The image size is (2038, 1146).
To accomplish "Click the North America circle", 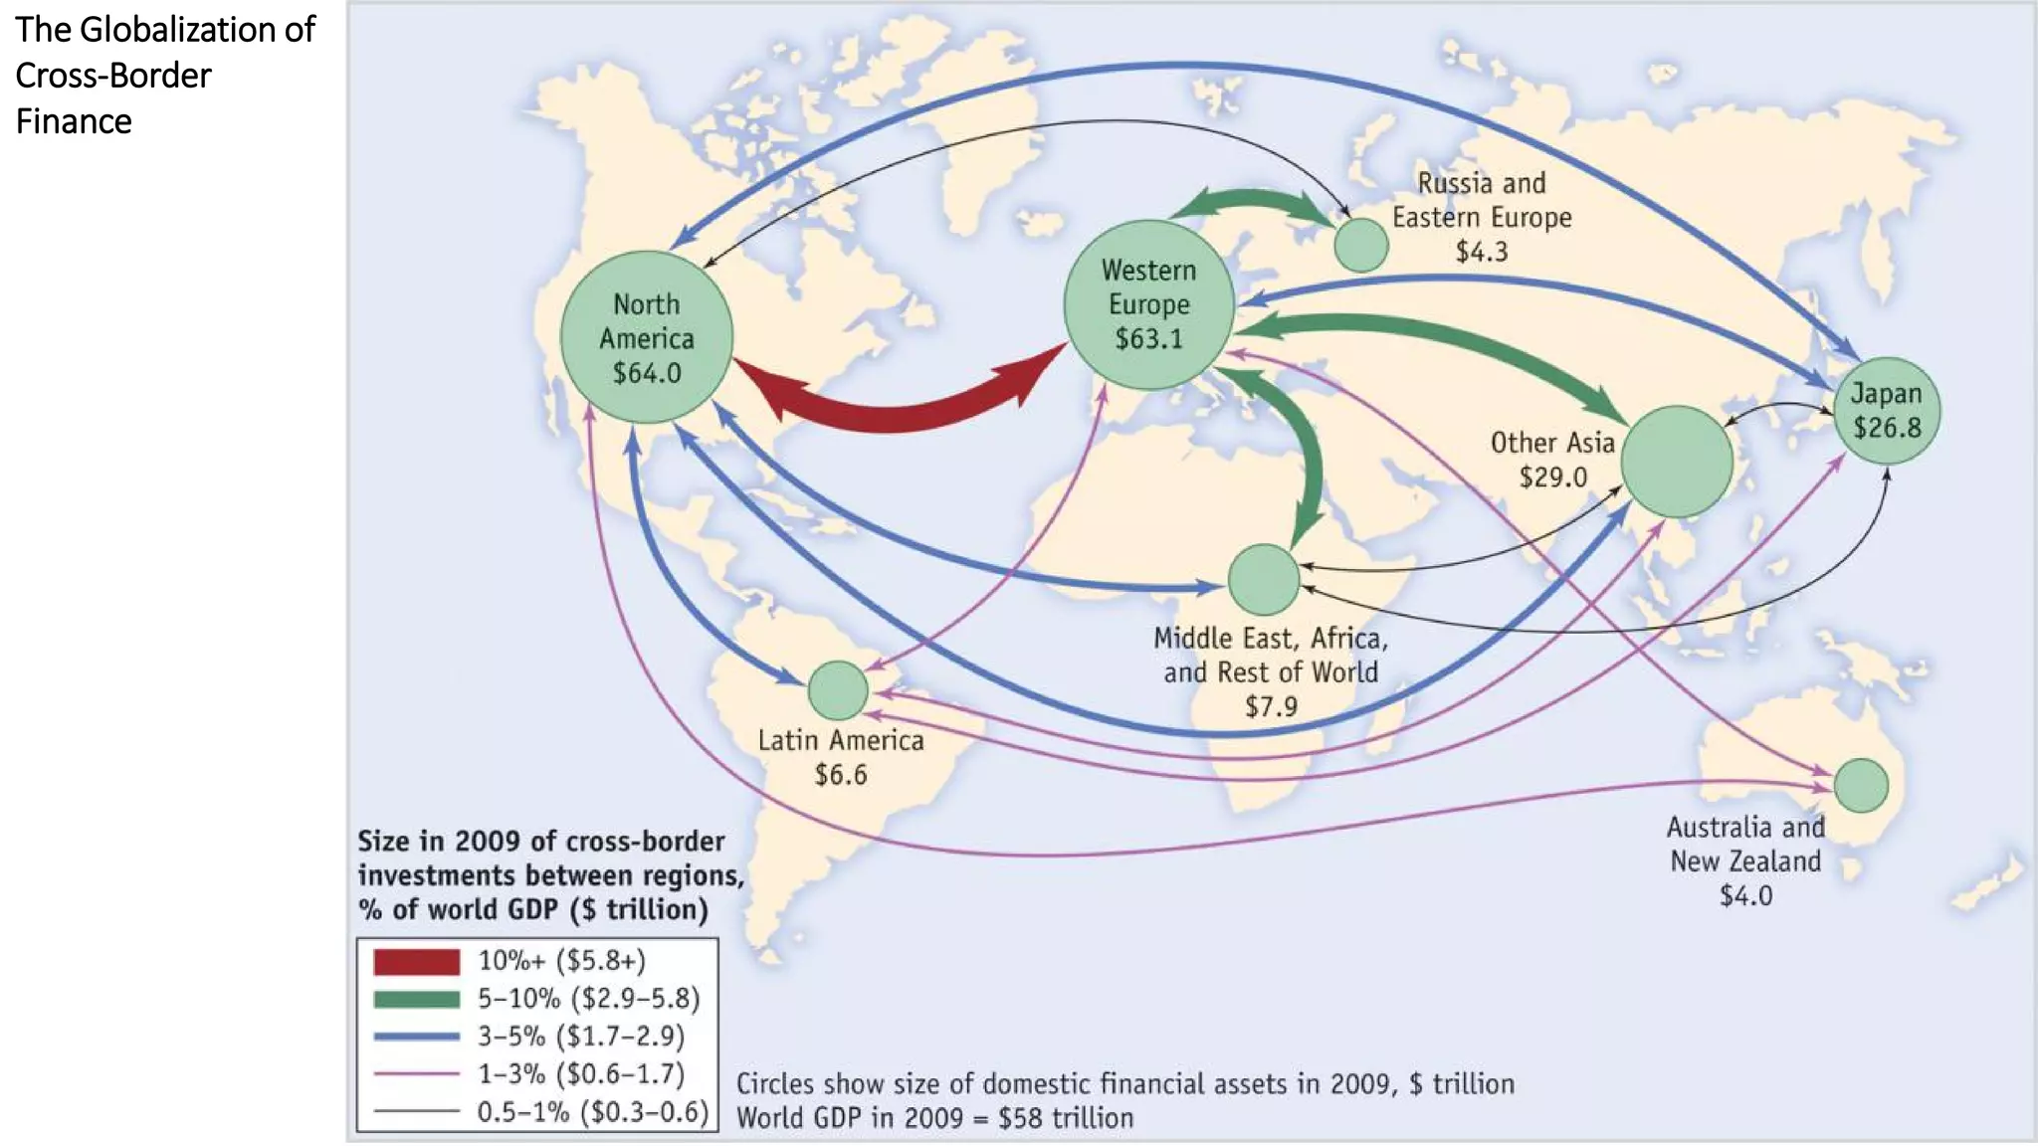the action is click(x=647, y=337).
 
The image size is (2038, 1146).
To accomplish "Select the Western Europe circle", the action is click(x=1149, y=304).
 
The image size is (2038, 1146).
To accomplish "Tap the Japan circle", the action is click(x=1887, y=411).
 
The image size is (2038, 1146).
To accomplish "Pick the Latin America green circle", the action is click(x=838, y=690).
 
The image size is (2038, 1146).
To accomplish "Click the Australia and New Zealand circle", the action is click(x=1861, y=785).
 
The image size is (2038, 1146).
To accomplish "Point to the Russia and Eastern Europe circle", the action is click(x=1360, y=245).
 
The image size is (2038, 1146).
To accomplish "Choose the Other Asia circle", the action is click(x=1677, y=462).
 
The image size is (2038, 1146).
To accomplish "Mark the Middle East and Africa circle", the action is click(x=1264, y=579).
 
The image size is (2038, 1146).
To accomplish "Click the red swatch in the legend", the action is click(x=417, y=962).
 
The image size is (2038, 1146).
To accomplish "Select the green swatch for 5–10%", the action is click(x=417, y=999).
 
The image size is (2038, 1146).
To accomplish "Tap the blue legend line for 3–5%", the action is click(x=417, y=1037).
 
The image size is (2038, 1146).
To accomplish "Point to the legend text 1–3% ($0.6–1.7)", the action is click(x=581, y=1074).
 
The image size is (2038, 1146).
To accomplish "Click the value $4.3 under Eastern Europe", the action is click(x=1482, y=252).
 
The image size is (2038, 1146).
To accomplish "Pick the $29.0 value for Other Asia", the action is click(x=1552, y=477).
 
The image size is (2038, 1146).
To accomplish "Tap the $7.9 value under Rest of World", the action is click(x=1271, y=706).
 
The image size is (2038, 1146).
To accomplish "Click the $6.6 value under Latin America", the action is click(x=841, y=775).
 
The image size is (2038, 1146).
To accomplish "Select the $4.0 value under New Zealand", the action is click(x=1745, y=895).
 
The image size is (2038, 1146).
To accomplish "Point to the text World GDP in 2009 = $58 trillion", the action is click(x=934, y=1118).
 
